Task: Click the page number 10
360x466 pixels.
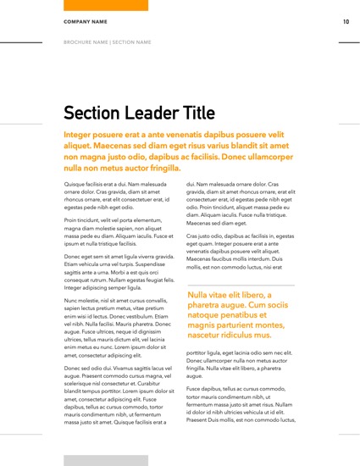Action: (x=346, y=22)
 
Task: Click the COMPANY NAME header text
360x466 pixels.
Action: (x=85, y=21)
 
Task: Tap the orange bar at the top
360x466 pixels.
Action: (x=106, y=5)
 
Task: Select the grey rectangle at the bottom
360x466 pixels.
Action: (x=106, y=459)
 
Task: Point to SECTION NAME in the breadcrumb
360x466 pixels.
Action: (x=132, y=42)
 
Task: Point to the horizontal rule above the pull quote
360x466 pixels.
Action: (x=241, y=286)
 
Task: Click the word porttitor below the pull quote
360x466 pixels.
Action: (x=201, y=352)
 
